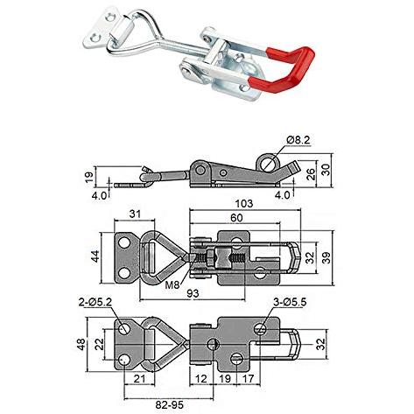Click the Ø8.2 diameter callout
[298, 141]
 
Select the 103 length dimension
[244, 203]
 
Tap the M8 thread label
[172, 284]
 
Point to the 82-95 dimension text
[170, 404]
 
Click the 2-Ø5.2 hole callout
[95, 302]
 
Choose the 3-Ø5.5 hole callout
[290, 302]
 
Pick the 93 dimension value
[193, 293]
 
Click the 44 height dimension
[95, 256]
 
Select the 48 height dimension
[81, 344]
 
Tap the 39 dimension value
[326, 258]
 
